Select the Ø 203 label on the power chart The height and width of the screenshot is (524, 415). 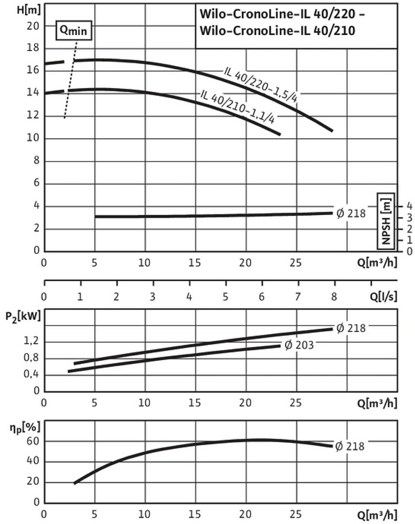pos(299,345)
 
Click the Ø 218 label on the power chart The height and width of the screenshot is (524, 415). pos(350,328)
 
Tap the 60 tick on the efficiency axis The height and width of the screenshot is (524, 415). pos(33,441)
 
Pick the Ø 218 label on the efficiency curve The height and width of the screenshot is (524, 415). pos(350,445)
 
